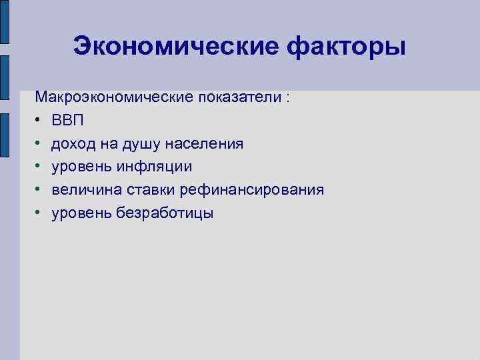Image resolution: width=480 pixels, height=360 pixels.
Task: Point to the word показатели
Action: click(x=239, y=97)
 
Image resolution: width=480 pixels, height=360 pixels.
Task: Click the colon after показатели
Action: click(x=288, y=98)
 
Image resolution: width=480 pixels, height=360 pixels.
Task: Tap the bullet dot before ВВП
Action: click(x=39, y=121)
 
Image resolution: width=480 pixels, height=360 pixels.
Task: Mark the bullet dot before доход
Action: click(x=39, y=144)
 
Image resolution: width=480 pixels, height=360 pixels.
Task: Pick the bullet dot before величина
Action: click(x=39, y=190)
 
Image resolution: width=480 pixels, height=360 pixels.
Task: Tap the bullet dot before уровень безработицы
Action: click(x=39, y=213)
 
